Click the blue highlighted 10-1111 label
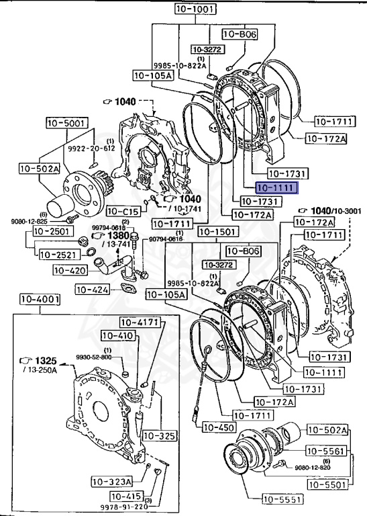tap(275, 188)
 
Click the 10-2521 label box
tap(58, 255)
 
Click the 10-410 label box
tap(117, 335)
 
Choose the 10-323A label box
tap(111, 481)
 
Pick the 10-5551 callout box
tap(282, 499)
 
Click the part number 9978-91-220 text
tap(129, 507)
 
